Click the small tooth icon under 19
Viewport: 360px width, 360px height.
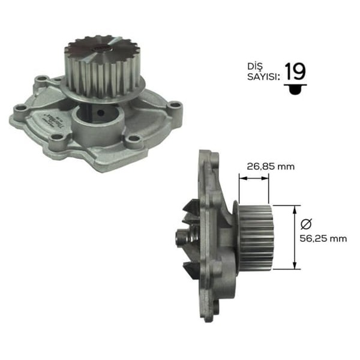point(295,89)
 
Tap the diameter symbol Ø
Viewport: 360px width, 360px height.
point(305,223)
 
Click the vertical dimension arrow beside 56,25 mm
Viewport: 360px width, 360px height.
point(294,237)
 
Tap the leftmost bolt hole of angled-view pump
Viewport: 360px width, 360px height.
point(21,109)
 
